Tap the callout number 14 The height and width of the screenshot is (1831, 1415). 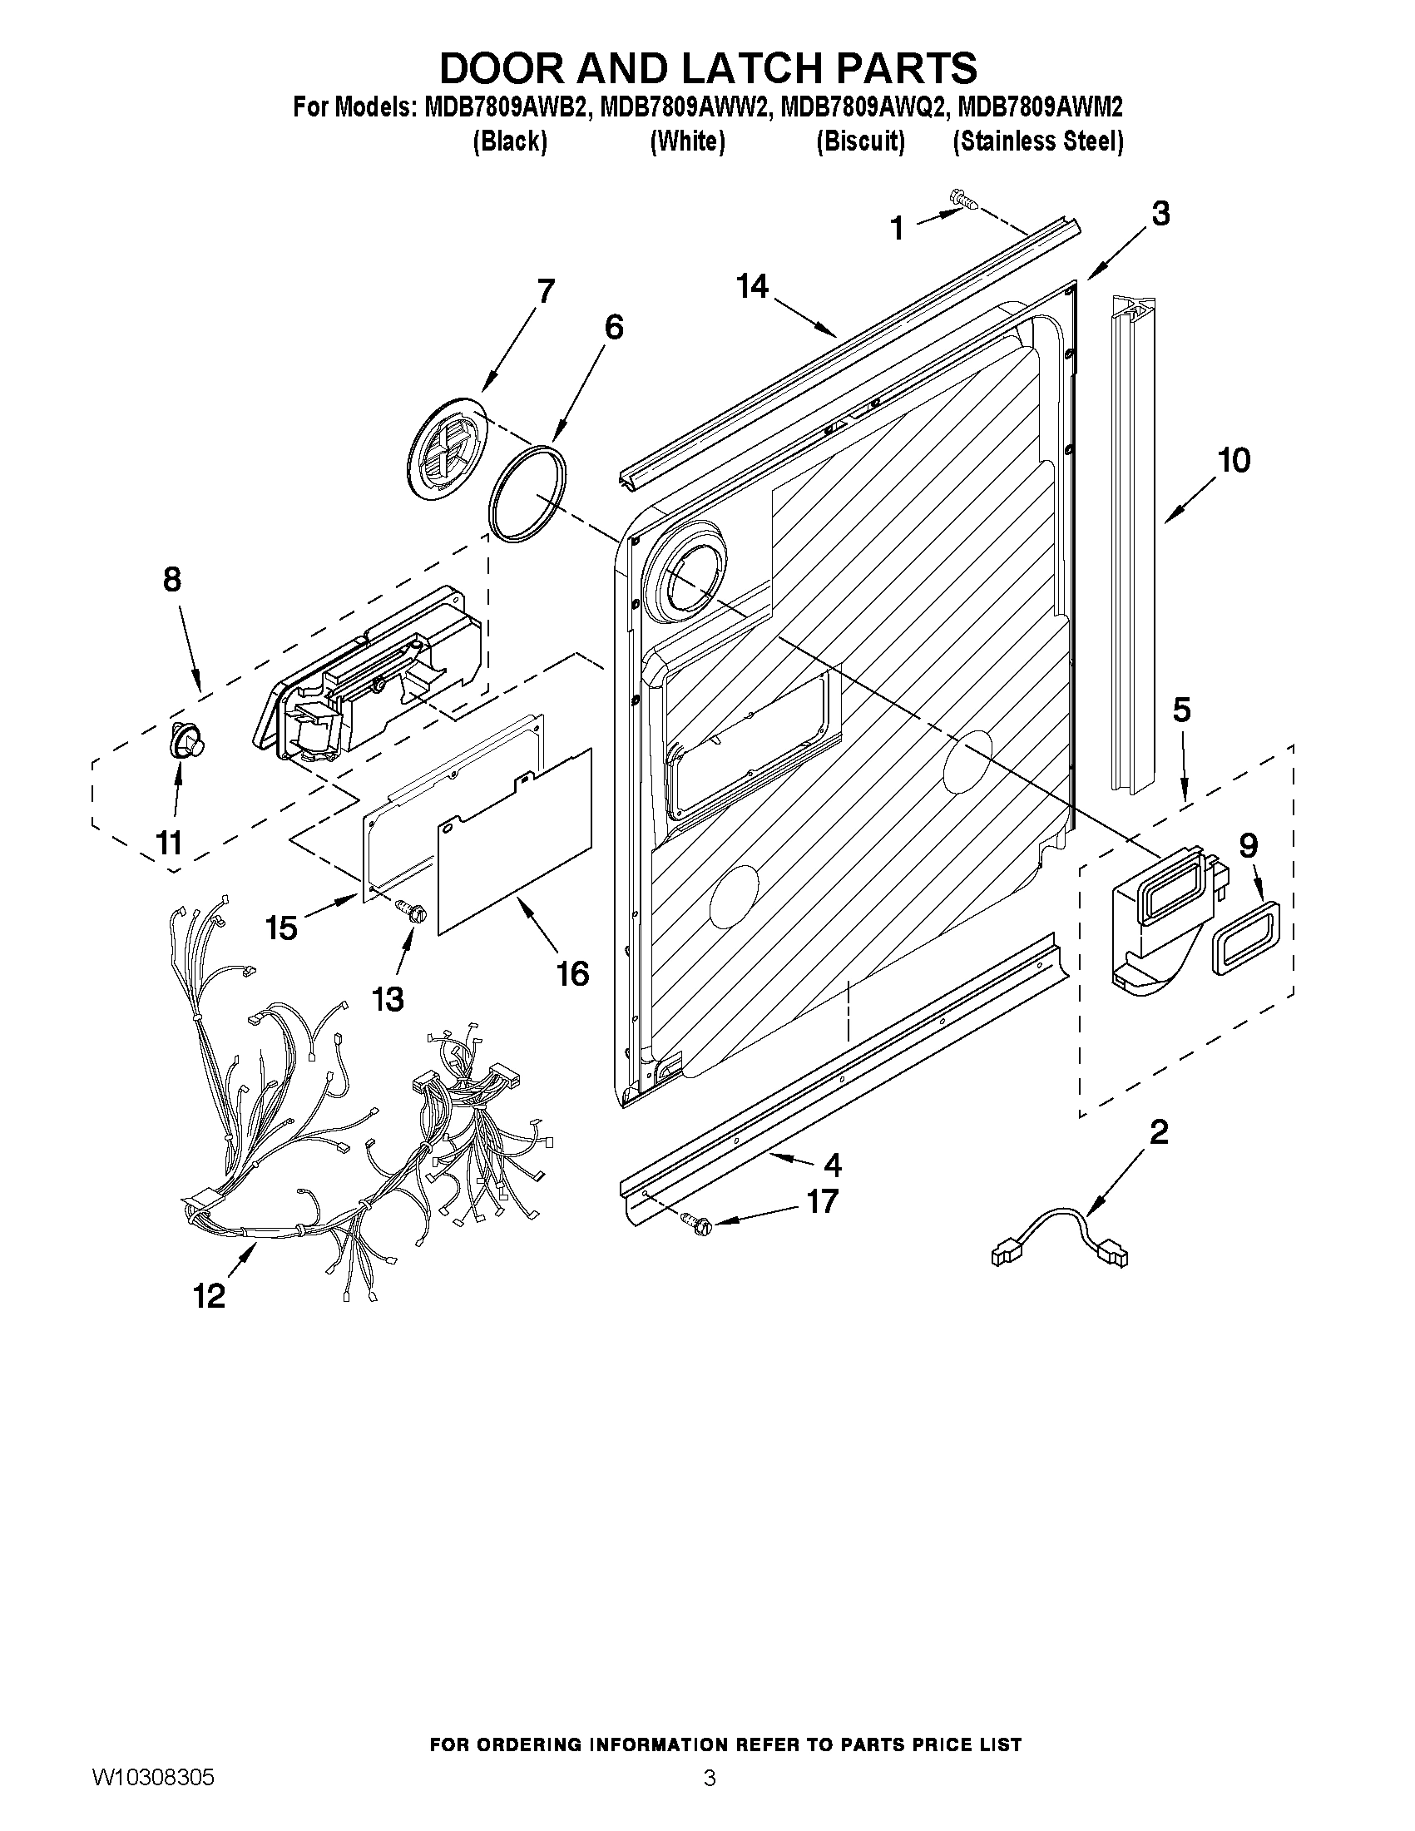point(752,287)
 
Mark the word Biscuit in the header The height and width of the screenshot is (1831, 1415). point(860,141)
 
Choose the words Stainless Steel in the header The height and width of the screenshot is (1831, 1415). point(1038,141)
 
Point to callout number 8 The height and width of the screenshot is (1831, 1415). point(171,578)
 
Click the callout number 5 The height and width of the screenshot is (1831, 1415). point(1181,710)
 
